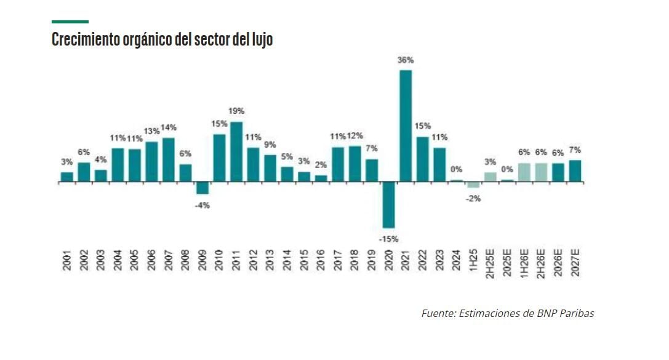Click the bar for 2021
(x=406, y=126)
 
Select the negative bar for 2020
(x=388, y=205)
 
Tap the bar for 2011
(x=236, y=152)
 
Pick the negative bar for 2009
(x=202, y=188)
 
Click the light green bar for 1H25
(x=473, y=185)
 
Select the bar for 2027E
(x=575, y=171)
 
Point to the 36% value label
(x=406, y=60)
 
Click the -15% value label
(x=388, y=238)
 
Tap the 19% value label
(x=236, y=111)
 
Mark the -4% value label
(x=202, y=205)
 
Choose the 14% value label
(x=169, y=127)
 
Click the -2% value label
(x=473, y=199)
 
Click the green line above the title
(x=70, y=22)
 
